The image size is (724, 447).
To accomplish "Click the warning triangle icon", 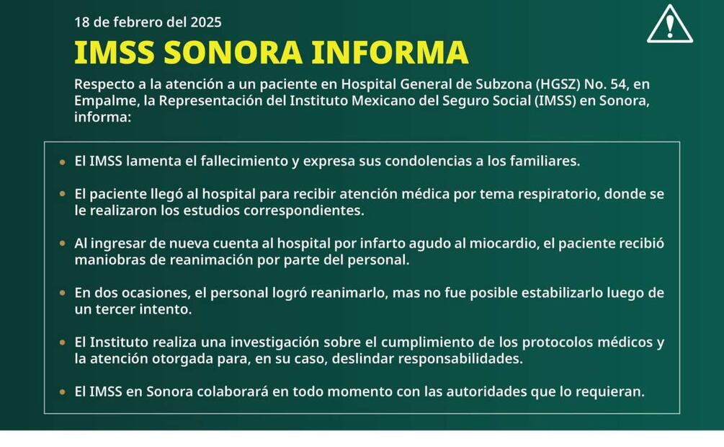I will (x=669, y=25).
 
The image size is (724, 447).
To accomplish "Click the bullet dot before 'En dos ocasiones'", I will (x=63, y=293).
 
